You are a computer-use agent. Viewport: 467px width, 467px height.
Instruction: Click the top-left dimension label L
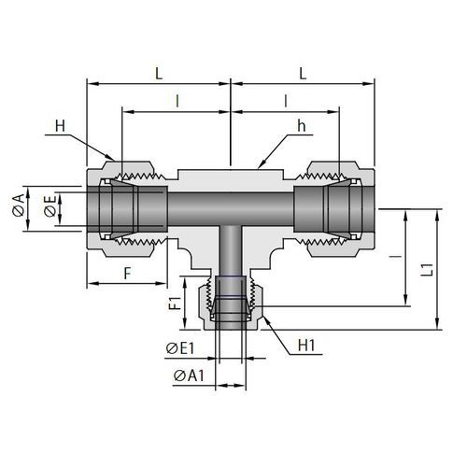(x=159, y=74)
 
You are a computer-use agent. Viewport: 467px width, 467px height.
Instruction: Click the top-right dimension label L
(x=303, y=74)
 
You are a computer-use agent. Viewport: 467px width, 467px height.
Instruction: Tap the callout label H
(x=60, y=126)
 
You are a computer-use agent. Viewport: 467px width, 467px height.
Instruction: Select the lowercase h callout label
(x=302, y=126)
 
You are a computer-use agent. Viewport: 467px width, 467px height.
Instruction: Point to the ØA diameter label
(x=19, y=205)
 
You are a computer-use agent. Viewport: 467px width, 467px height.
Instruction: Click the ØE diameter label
(x=50, y=205)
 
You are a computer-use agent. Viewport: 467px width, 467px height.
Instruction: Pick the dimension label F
(x=127, y=274)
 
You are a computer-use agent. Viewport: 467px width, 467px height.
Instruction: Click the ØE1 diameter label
(x=180, y=348)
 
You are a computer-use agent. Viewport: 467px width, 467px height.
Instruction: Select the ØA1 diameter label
(x=189, y=375)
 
